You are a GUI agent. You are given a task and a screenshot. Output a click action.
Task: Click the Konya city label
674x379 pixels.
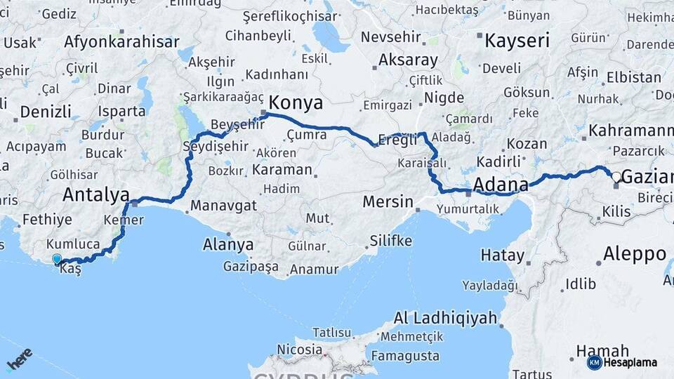[x=296, y=103]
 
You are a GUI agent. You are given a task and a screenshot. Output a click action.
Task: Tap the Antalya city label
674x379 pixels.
[x=95, y=194]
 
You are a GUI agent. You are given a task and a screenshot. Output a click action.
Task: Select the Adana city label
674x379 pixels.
[x=501, y=185]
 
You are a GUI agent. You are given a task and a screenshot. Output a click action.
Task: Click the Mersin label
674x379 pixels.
[x=388, y=202]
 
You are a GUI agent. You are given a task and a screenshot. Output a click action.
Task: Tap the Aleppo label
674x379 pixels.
[x=634, y=253]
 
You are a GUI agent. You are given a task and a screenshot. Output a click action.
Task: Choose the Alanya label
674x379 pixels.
[x=227, y=245]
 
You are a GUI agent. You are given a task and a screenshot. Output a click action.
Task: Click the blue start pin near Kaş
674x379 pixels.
[x=57, y=260]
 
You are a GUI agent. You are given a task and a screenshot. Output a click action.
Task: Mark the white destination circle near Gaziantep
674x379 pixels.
[x=616, y=177]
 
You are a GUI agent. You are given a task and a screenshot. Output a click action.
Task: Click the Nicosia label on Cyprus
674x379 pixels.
[x=299, y=349]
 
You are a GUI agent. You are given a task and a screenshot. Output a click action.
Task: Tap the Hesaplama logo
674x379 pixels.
[x=622, y=362]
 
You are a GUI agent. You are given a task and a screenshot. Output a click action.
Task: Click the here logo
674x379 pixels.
[x=20, y=359]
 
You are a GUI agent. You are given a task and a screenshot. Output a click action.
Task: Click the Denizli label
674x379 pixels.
[x=46, y=112]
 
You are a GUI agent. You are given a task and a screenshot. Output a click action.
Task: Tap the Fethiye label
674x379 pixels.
[x=47, y=220]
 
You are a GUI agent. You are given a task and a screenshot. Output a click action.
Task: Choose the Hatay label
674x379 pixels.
[x=503, y=255]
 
